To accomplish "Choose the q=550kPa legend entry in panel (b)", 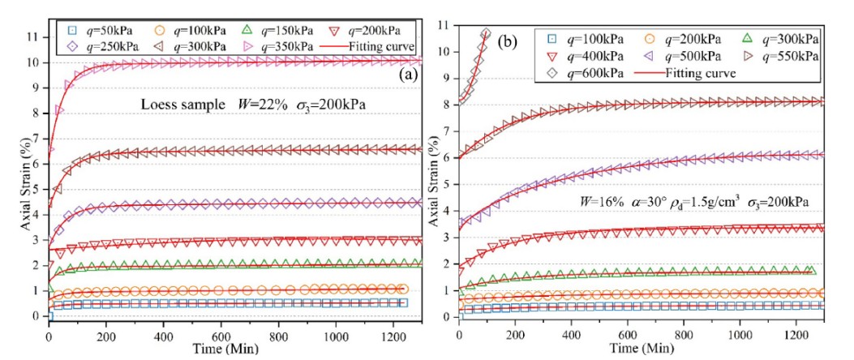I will pyautogui.click(x=789, y=56).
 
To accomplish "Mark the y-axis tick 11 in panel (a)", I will pyautogui.click(x=32, y=36).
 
